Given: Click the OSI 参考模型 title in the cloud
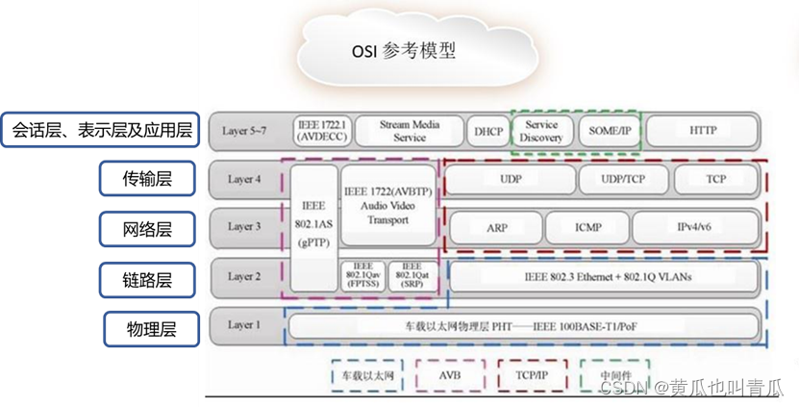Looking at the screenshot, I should (x=403, y=50).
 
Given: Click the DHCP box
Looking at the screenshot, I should (x=487, y=131).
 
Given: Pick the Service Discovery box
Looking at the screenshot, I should (x=541, y=131).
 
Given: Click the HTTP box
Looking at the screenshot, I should (x=703, y=131).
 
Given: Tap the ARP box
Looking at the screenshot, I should (x=496, y=228).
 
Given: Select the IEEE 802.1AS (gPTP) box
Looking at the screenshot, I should (x=312, y=227).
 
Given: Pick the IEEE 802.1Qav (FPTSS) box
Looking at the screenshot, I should (x=362, y=276).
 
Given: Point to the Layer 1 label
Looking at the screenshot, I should (x=244, y=325).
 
